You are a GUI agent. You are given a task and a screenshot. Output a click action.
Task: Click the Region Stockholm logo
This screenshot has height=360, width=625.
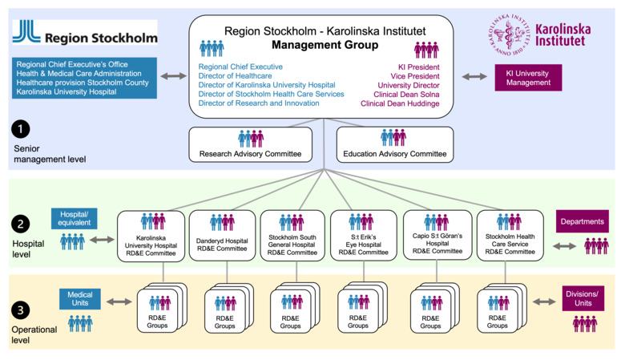(83, 35)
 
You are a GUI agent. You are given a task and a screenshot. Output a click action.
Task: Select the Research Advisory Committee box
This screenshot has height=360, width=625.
(251, 144)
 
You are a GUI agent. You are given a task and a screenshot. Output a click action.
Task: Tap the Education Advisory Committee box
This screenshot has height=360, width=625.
(394, 144)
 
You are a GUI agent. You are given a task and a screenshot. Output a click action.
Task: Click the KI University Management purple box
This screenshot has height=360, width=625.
(528, 77)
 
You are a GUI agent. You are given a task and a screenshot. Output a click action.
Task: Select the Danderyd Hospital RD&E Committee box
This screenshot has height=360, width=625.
(221, 235)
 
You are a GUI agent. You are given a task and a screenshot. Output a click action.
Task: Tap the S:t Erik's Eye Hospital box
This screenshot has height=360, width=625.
(363, 235)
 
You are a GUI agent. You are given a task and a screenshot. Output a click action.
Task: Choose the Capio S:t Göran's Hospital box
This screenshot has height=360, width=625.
(437, 235)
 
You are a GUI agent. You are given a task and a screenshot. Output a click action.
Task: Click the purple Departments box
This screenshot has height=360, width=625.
(583, 220)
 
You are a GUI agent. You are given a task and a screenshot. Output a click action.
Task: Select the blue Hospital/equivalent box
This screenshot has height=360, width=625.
(73, 219)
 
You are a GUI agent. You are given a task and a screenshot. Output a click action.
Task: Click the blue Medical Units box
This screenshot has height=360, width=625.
(79, 300)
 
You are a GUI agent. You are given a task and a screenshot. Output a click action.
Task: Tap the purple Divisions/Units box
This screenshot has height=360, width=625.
(583, 298)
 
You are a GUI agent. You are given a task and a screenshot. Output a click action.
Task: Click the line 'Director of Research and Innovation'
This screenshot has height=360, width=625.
(259, 103)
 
